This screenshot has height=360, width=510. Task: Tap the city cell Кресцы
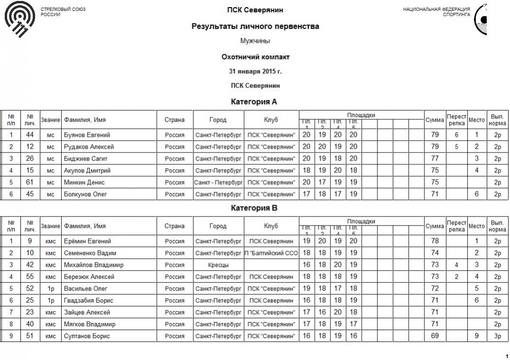[218, 265]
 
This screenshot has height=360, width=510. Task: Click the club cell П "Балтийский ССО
[271, 253]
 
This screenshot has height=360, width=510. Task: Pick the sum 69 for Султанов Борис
[434, 336]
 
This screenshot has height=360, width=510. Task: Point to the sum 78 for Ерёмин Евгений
[434, 241]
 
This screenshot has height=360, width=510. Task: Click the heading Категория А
[254, 102]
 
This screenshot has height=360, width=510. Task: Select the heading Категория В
[254, 208]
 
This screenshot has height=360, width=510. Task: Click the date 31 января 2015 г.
[255, 72]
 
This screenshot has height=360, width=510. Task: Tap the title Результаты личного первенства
[255, 27]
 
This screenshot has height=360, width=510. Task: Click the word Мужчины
[255, 41]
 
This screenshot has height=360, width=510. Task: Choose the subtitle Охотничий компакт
[255, 57]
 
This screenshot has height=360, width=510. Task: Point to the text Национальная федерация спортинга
[436, 12]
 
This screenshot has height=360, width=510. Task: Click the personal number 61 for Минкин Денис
[30, 182]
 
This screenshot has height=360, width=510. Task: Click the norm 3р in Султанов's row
[497, 336]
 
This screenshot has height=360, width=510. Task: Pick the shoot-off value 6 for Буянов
[456, 135]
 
